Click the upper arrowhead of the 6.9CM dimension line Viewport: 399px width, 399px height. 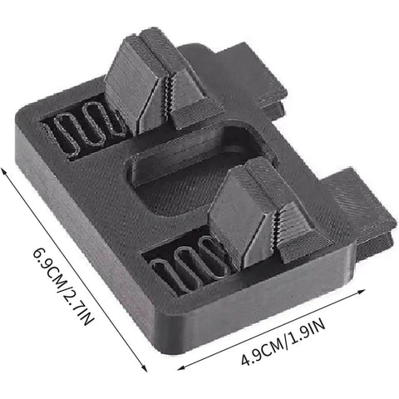click(x=3, y=170)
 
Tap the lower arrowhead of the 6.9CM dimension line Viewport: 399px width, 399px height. click(x=145, y=367)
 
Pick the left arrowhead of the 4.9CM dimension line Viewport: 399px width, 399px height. click(x=181, y=368)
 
